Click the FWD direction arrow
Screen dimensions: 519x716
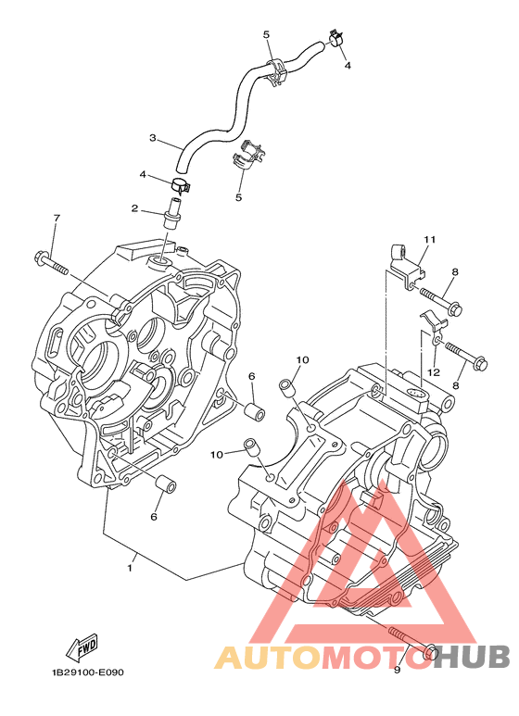(82, 648)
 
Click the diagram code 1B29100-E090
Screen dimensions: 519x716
(87, 672)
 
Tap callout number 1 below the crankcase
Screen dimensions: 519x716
(130, 568)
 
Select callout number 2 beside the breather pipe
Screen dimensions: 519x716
(134, 208)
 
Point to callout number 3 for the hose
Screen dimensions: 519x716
(153, 137)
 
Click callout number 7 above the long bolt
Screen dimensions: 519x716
(57, 219)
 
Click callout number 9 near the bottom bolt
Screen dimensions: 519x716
(397, 670)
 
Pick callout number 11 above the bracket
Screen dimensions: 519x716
(429, 239)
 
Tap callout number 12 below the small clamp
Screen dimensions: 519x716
(434, 372)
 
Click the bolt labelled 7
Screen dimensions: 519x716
(51, 263)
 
